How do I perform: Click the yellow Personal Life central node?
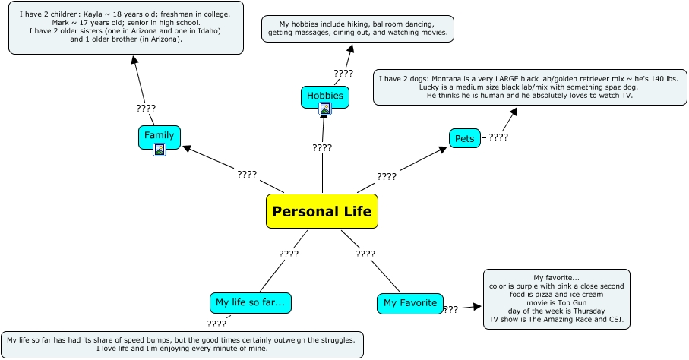322,211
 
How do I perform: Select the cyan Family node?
159,135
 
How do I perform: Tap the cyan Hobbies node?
324,96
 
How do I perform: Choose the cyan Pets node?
464,138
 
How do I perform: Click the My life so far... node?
250,302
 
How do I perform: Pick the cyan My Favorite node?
409,303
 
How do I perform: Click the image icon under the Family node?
160,150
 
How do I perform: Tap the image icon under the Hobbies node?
325,109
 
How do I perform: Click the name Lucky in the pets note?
431,87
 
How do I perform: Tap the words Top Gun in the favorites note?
570,302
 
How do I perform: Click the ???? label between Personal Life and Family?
247,174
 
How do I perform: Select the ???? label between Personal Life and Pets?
387,176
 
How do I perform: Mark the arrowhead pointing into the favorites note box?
478,308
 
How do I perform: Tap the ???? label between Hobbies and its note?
343,73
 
